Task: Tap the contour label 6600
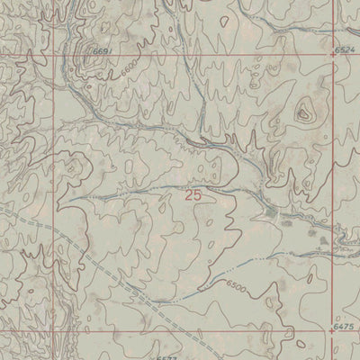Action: tap(130, 68)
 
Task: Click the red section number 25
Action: tap(193, 193)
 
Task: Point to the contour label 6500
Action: tap(237, 286)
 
